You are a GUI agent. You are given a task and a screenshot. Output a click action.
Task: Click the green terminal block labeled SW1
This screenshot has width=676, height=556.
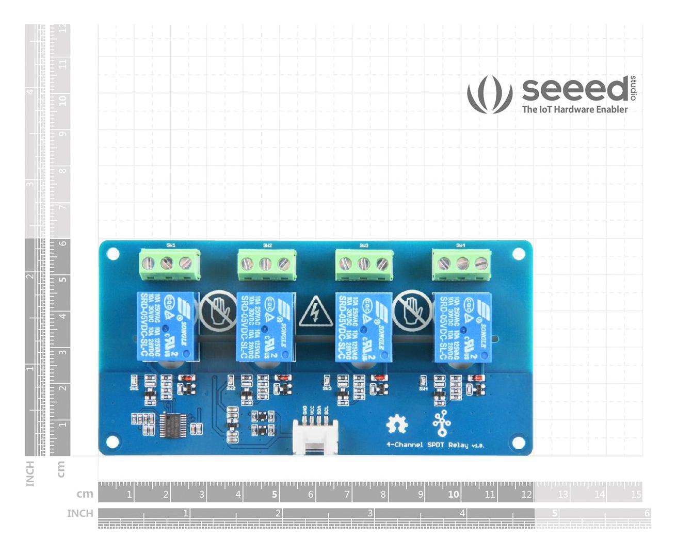click(x=169, y=264)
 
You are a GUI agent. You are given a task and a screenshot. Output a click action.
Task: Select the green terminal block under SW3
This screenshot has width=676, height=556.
click(x=364, y=265)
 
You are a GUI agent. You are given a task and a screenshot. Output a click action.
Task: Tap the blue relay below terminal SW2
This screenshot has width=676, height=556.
click(x=266, y=326)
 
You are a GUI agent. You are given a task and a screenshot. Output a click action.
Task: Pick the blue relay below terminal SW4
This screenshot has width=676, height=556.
click(x=462, y=326)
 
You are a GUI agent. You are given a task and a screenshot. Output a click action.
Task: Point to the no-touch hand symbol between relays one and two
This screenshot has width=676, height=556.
click(x=218, y=311)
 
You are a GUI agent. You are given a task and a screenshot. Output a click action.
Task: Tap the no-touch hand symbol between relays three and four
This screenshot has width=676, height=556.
click(x=412, y=311)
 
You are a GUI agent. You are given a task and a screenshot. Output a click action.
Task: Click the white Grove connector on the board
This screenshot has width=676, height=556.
click(x=315, y=436)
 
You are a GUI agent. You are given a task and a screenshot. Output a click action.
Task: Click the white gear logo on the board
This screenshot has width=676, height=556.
click(x=397, y=424)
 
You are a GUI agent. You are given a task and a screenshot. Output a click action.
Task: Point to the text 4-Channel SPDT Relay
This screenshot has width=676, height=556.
click(x=436, y=445)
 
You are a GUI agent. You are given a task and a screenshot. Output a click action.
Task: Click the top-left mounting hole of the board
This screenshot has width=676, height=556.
click(x=113, y=254)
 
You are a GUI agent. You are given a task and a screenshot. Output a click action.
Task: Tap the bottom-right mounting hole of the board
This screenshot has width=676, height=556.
click(x=518, y=442)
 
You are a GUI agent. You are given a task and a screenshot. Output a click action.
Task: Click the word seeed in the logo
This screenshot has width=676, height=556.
click(x=574, y=90)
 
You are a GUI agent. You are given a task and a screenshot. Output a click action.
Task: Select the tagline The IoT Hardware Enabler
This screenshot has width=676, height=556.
click(x=574, y=109)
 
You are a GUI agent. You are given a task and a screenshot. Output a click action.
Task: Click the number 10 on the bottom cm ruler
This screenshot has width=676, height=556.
click(x=453, y=495)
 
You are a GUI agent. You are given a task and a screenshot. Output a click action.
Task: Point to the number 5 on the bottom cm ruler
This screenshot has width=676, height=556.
click(x=275, y=495)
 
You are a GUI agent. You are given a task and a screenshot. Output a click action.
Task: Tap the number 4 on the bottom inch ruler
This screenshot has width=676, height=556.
click(x=462, y=513)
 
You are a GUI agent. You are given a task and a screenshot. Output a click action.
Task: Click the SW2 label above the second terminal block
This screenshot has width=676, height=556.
click(x=267, y=246)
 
